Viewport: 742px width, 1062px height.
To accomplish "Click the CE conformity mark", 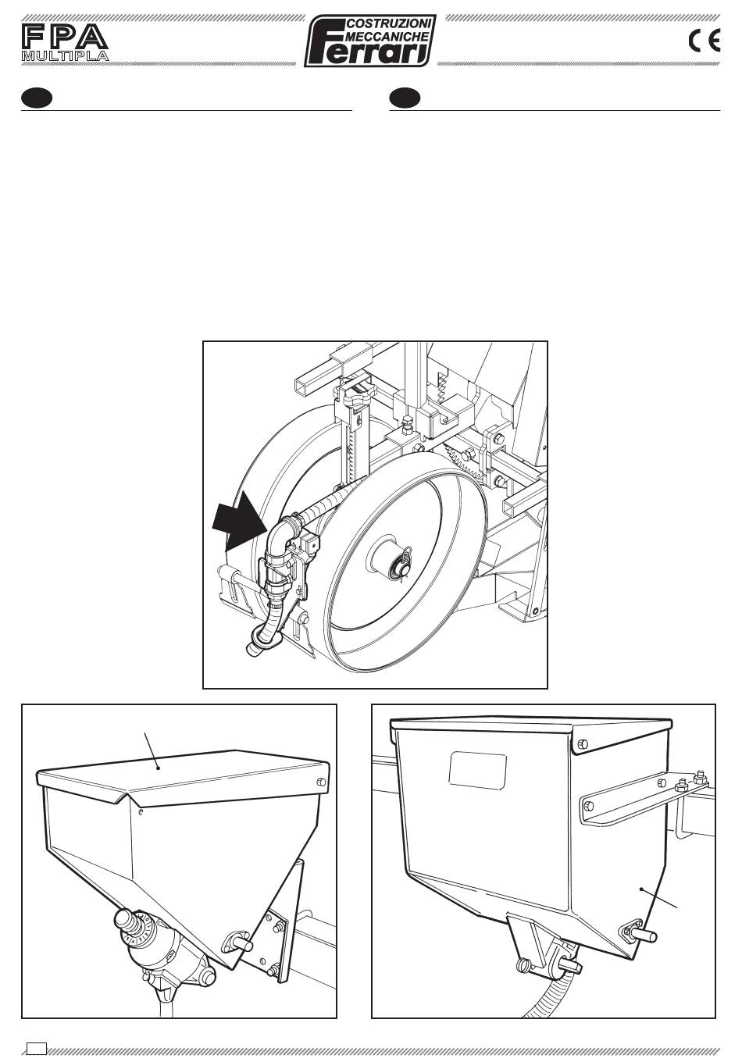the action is [x=704, y=41].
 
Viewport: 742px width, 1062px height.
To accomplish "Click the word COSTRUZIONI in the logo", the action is [x=390, y=23].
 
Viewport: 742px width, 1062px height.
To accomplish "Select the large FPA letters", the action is [x=65, y=37].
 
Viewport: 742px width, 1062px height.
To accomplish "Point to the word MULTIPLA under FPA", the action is [x=65, y=55].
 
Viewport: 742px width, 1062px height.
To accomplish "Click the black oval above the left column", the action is [x=37, y=98].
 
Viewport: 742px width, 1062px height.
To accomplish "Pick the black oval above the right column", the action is [x=405, y=98].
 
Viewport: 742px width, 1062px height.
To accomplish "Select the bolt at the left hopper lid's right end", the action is [x=320, y=782].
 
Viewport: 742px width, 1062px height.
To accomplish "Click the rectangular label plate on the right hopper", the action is [x=477, y=770].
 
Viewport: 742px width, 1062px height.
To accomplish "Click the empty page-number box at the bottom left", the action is [x=37, y=1048].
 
